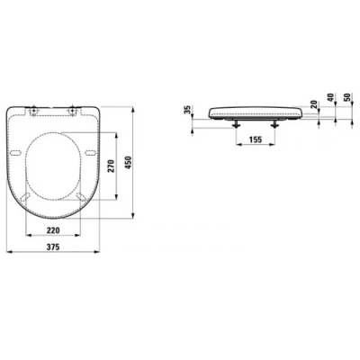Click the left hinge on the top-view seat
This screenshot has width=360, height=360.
[33, 112]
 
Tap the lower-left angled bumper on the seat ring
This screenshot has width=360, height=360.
[28, 196]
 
